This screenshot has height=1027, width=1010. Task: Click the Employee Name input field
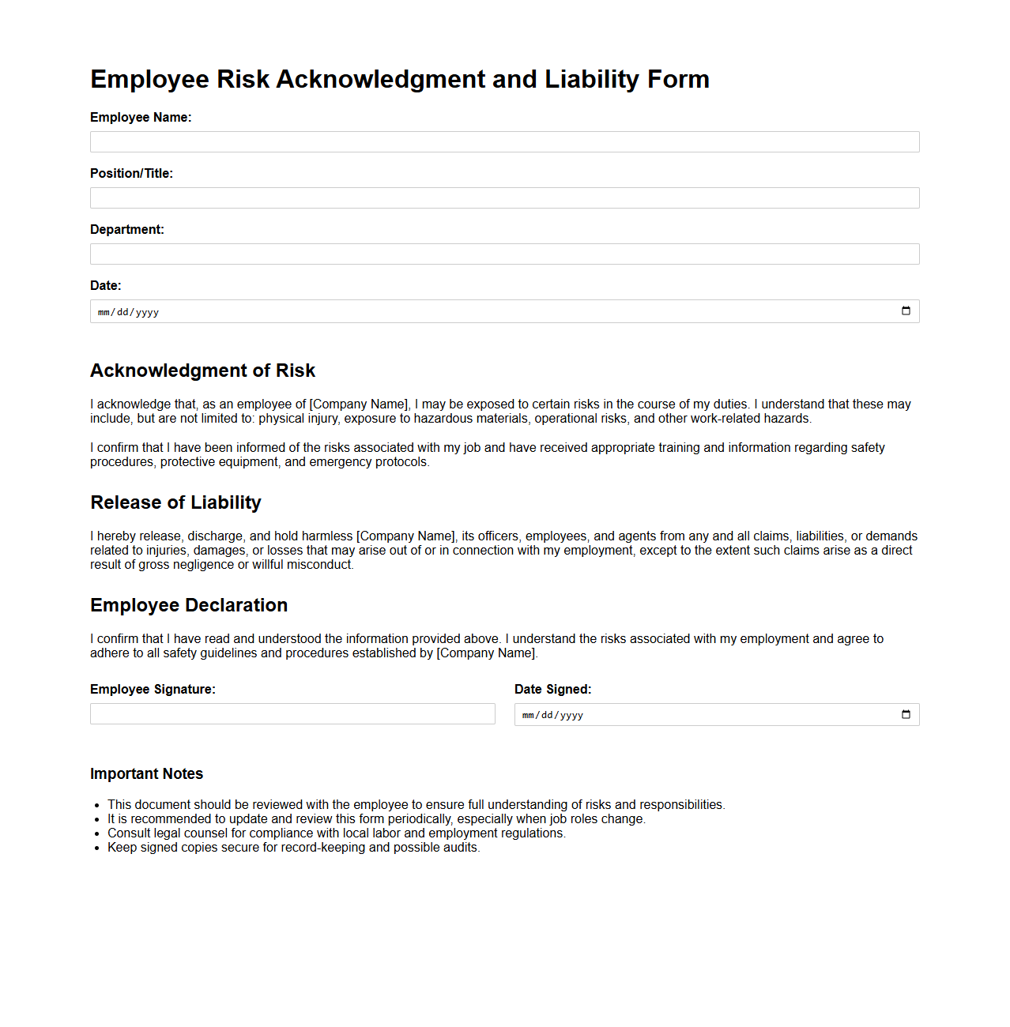click(504, 142)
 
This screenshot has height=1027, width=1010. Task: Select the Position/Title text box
click(504, 198)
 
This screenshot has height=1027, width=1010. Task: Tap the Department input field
click(504, 254)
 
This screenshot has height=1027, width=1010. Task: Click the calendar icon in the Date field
click(906, 311)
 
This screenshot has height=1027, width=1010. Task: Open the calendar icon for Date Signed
click(906, 715)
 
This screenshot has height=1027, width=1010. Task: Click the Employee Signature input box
click(292, 714)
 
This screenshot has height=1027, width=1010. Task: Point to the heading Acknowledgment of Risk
click(202, 371)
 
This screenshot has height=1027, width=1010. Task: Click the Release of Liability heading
click(175, 502)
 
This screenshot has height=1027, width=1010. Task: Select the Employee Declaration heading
click(189, 605)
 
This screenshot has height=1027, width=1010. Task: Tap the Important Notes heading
click(146, 774)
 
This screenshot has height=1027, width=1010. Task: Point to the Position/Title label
click(131, 174)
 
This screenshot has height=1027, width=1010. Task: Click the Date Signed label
click(552, 690)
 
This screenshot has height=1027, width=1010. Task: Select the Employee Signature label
click(153, 690)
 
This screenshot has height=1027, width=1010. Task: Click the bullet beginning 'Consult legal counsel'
click(337, 833)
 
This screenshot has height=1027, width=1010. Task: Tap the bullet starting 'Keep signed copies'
click(293, 848)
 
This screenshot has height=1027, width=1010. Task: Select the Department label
click(127, 230)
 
